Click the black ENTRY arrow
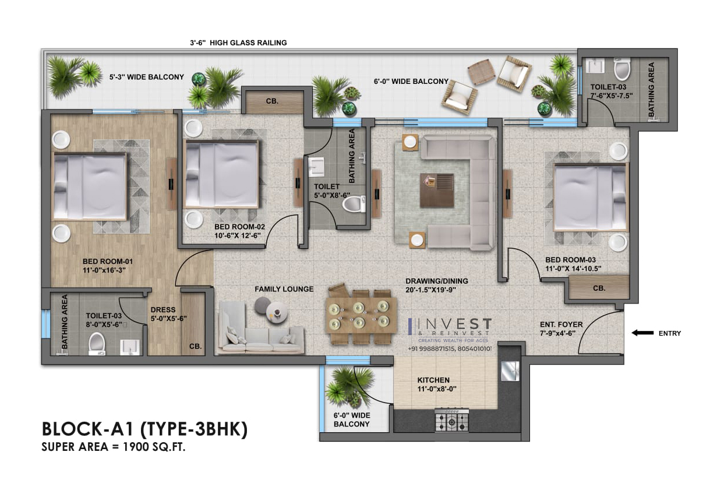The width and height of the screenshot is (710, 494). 642,333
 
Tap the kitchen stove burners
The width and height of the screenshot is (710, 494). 451,420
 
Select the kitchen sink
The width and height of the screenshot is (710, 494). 510,371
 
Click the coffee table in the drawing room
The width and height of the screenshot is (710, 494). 436,190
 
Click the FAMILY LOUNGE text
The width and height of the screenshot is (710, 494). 284,289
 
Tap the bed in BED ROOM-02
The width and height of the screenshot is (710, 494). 222,174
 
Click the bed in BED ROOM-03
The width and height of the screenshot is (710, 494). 591,197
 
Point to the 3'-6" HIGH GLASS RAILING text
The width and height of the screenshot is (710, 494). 238,43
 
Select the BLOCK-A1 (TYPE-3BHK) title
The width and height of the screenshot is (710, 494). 144,429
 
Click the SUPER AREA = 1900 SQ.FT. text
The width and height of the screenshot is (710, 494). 113,447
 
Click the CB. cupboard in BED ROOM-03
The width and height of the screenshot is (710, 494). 599,288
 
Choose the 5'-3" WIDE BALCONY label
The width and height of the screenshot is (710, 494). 147,77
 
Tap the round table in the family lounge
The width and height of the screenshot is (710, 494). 277,313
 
